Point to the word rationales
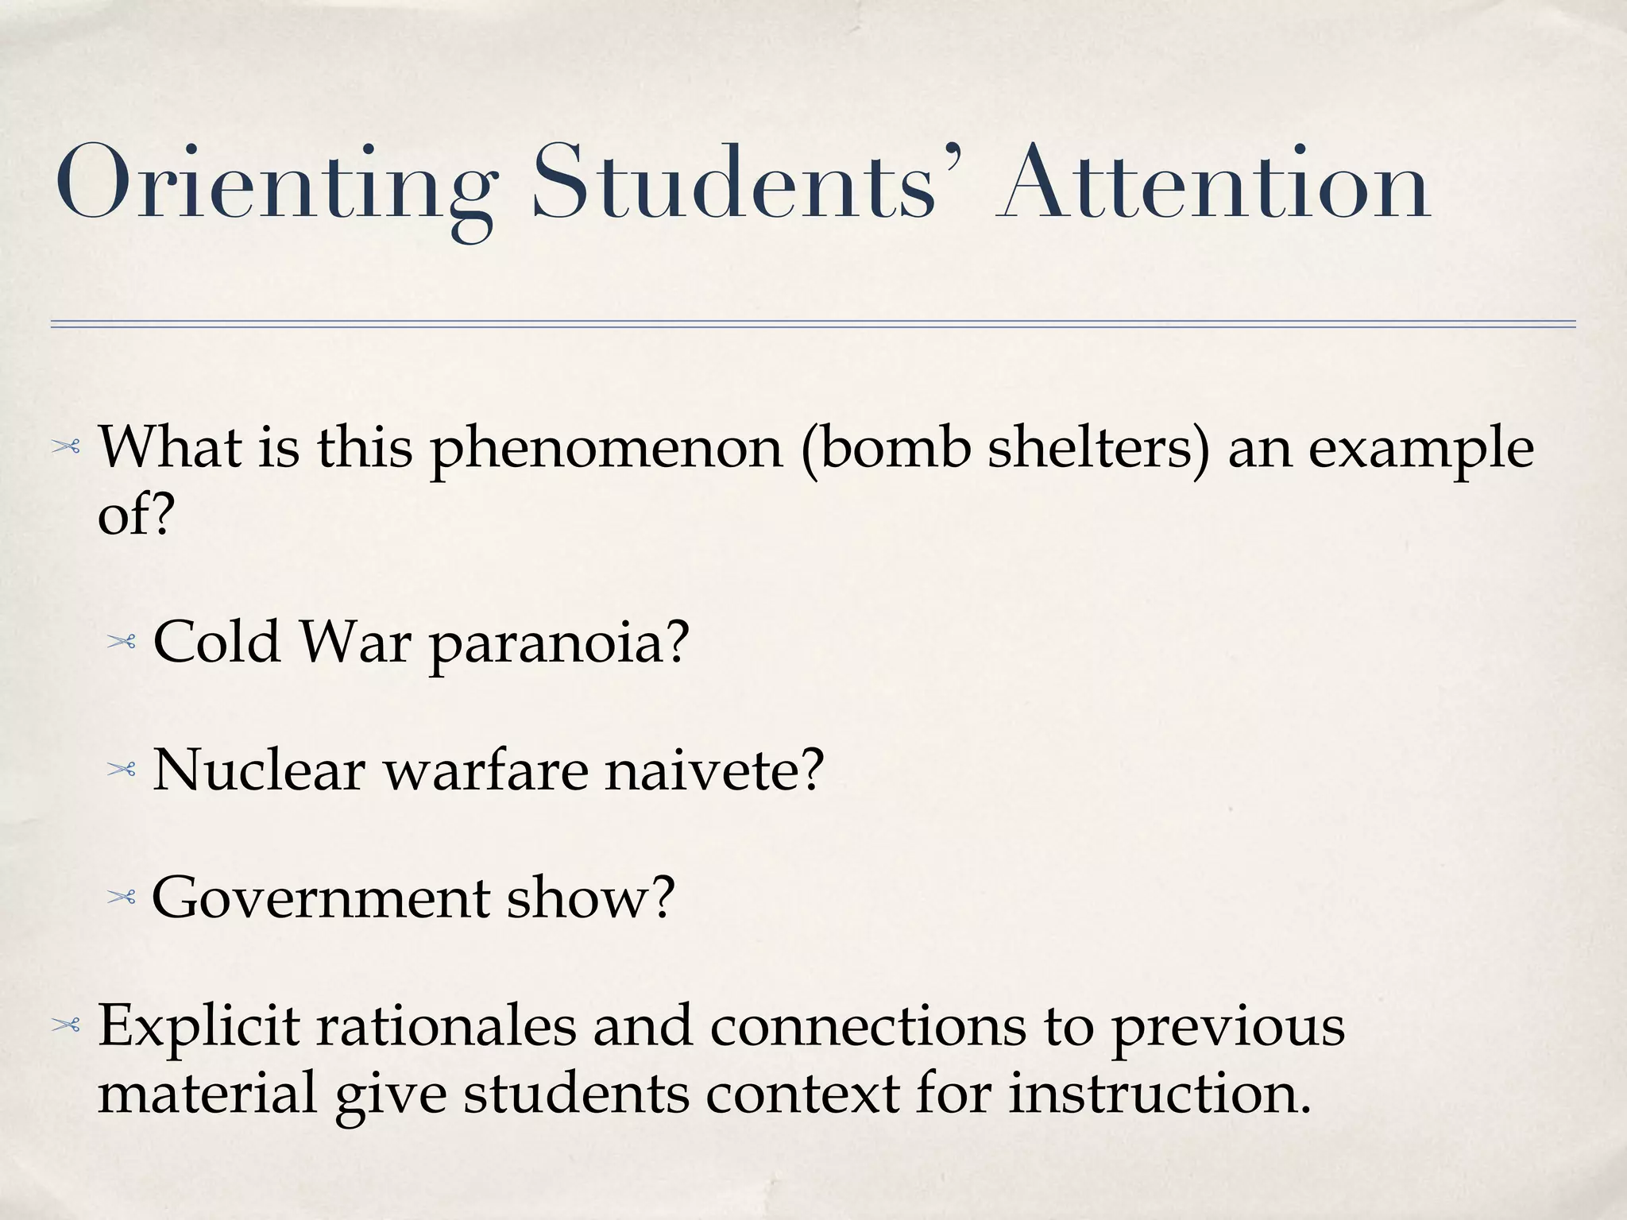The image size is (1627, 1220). point(446,1026)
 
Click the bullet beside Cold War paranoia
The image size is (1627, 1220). point(122,642)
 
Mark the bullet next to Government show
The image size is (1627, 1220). point(122,898)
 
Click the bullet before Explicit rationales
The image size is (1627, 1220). point(66,1026)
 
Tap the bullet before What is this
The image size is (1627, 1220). point(66,449)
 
